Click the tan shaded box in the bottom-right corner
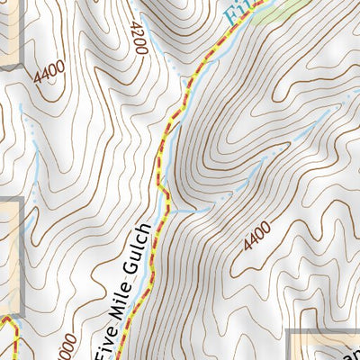324,346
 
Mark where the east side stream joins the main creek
172,210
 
